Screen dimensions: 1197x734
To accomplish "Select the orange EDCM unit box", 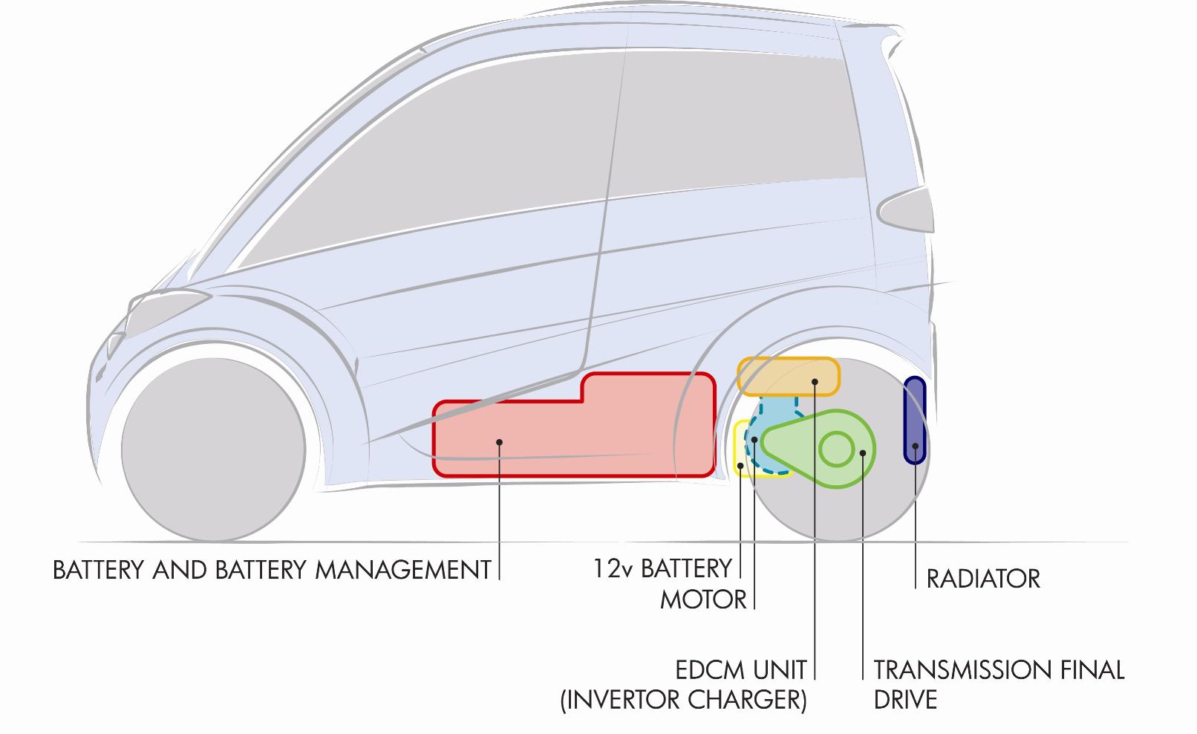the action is coord(788,377).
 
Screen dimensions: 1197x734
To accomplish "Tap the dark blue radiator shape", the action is coord(914,420).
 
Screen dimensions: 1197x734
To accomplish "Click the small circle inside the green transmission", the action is coord(836,449).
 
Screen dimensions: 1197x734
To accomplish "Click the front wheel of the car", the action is coord(213,449).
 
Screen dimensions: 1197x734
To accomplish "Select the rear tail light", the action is coord(906,210).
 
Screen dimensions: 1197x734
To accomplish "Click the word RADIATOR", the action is coord(982,579).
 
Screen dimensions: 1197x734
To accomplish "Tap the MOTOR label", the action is coord(702,600).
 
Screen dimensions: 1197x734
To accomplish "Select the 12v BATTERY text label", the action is coord(662,568).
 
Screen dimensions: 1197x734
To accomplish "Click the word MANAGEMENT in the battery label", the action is coord(403,570).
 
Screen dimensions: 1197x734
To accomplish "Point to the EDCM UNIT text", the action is coord(740,670).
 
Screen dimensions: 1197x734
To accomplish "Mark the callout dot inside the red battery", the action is coord(499,442).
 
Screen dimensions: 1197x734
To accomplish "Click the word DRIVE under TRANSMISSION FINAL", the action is coord(905,700).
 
